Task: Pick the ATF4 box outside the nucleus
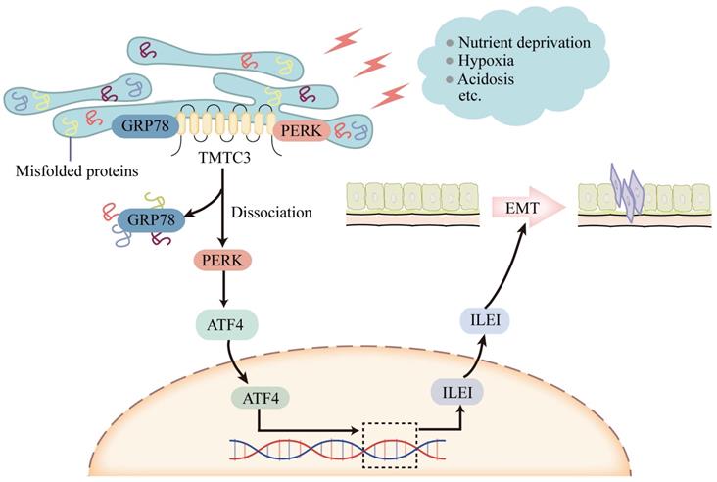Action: pos(224,320)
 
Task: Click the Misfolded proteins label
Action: pos(76,171)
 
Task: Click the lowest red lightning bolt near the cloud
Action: pos(391,94)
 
